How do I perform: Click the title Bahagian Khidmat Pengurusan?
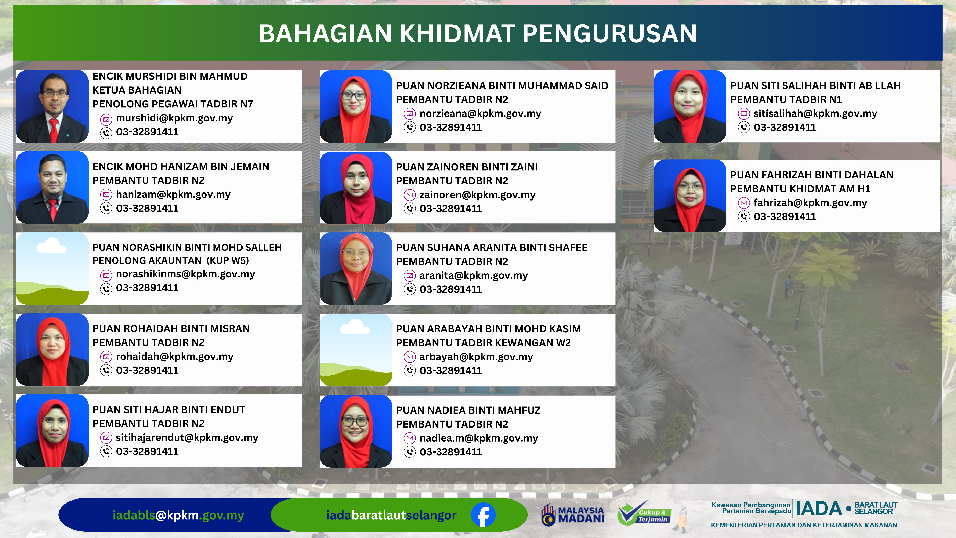pos(478,33)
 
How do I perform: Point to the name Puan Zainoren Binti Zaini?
pos(467,167)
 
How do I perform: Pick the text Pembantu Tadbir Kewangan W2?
pos(483,343)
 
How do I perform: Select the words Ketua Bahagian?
pos(137,90)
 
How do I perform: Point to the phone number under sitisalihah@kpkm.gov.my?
pos(785,127)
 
